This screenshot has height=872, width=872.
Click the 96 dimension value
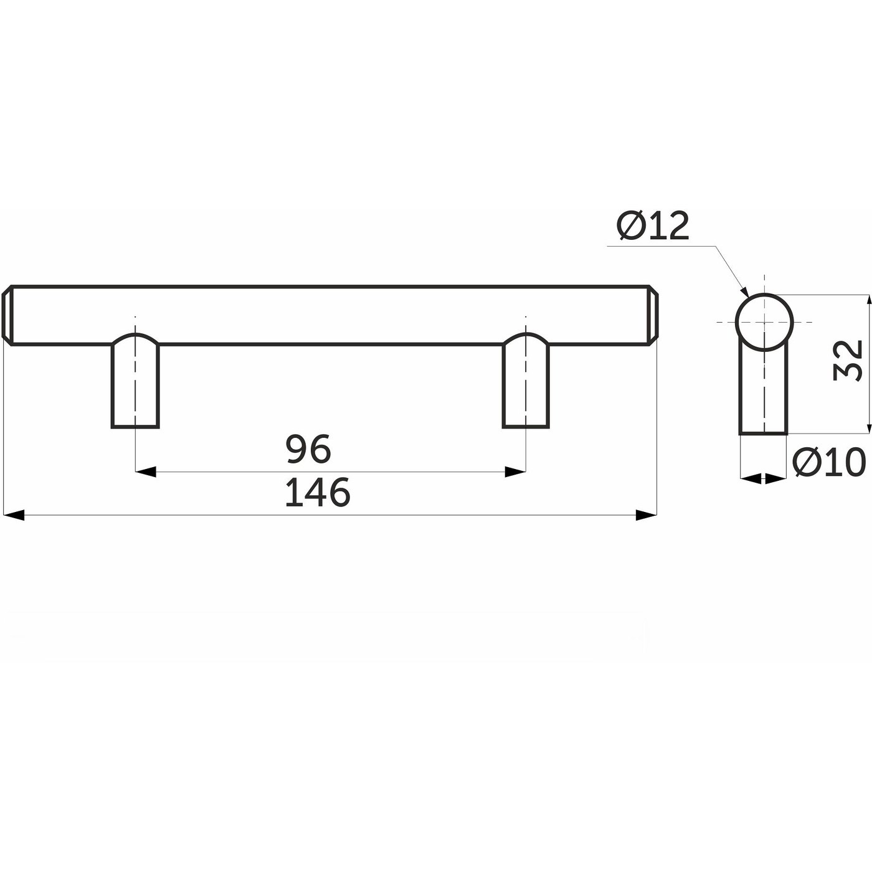coord(308,448)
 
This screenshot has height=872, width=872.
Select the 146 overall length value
coord(318,492)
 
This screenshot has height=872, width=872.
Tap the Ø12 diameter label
coord(653,225)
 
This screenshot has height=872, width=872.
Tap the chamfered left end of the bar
coord(7,315)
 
